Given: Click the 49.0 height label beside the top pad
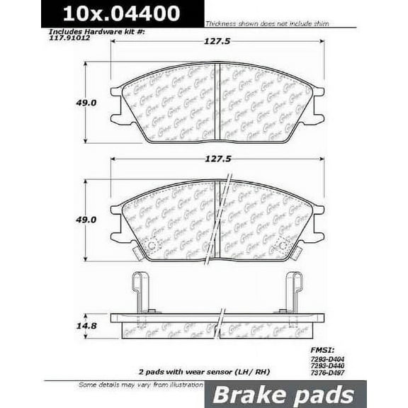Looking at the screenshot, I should pos(67,101).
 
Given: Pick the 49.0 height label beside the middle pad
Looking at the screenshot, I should pos(67,220).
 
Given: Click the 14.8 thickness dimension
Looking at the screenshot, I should pos(67,327).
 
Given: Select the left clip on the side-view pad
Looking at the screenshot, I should pos(140,293).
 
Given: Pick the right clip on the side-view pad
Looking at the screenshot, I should pos(293,293).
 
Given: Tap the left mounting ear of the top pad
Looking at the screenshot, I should pos(116,92).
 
